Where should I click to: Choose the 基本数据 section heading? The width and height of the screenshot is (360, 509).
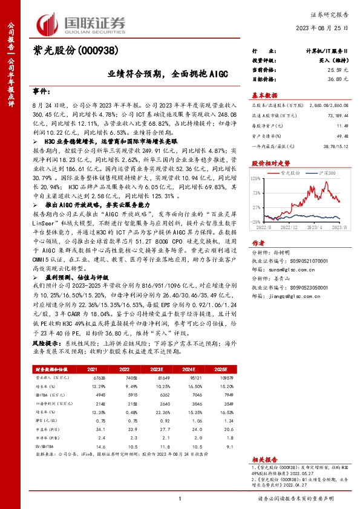[x=264, y=96]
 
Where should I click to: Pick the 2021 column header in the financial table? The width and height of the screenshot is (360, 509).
[x=91, y=369]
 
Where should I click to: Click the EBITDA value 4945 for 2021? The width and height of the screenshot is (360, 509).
[x=91, y=394]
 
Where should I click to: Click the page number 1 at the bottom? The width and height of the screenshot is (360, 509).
[x=180, y=498]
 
